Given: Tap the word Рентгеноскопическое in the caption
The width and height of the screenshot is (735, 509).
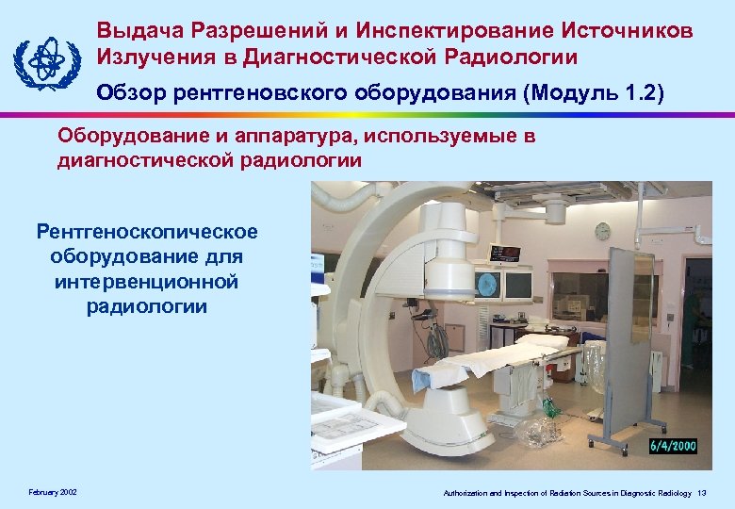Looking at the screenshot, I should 146,232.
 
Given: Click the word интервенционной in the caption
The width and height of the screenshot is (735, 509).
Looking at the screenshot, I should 146,282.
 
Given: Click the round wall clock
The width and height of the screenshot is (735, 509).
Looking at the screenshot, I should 602,231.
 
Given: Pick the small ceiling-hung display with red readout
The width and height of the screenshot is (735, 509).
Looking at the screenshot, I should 505,253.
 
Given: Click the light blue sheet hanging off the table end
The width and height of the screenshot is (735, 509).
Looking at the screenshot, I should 429,377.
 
